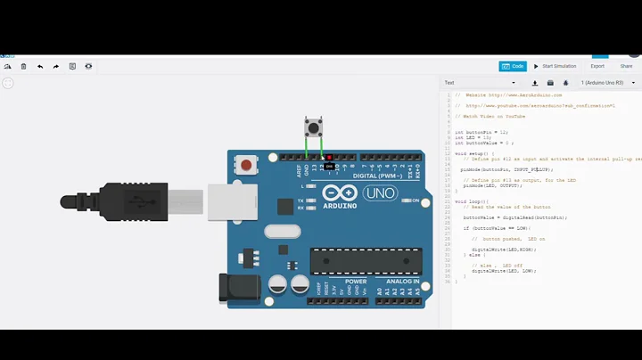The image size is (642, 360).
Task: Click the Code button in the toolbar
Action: [513, 66]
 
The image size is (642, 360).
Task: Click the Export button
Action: [597, 66]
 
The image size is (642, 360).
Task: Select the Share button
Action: [626, 66]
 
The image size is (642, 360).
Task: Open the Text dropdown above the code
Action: [480, 83]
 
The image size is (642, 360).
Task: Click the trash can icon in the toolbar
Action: [24, 66]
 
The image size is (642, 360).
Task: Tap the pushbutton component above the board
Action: [314, 127]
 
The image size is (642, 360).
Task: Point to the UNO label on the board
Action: [381, 193]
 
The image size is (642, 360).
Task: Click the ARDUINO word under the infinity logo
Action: [340, 206]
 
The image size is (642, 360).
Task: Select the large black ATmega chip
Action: [366, 261]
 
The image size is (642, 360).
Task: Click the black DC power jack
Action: [237, 287]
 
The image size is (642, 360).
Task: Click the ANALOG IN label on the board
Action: [403, 282]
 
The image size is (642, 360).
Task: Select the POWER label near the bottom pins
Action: [356, 282]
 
